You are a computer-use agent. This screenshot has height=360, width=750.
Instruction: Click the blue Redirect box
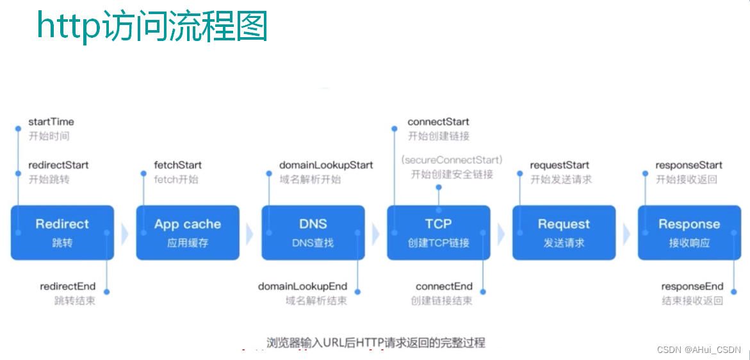point(62,233)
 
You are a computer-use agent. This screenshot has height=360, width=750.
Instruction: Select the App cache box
point(188,233)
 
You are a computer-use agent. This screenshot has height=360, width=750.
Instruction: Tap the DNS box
point(313,233)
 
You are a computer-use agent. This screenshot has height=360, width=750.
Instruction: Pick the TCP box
point(439,233)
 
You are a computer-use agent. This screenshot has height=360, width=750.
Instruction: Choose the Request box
point(564,233)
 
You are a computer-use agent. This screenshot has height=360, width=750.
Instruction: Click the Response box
point(689,233)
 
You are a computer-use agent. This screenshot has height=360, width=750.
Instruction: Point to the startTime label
point(51,122)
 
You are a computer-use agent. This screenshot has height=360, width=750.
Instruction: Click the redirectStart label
point(58,165)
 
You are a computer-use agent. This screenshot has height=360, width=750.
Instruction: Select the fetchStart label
point(178,165)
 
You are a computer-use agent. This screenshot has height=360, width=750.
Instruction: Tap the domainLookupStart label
point(326,165)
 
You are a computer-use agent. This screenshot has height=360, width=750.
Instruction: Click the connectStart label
point(438,122)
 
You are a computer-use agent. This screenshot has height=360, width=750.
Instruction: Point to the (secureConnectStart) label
point(452,160)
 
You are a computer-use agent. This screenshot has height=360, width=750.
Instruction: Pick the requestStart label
point(560,165)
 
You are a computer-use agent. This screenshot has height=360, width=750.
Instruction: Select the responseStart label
point(689,165)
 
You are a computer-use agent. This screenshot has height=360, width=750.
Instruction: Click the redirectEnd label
point(68,286)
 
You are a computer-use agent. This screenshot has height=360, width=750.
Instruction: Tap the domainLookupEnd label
point(303,286)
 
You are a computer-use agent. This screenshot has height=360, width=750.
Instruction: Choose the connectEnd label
point(444,286)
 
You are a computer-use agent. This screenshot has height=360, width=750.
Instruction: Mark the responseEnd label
point(692,286)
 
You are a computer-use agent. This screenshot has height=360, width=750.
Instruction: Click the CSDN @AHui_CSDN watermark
point(699,350)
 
